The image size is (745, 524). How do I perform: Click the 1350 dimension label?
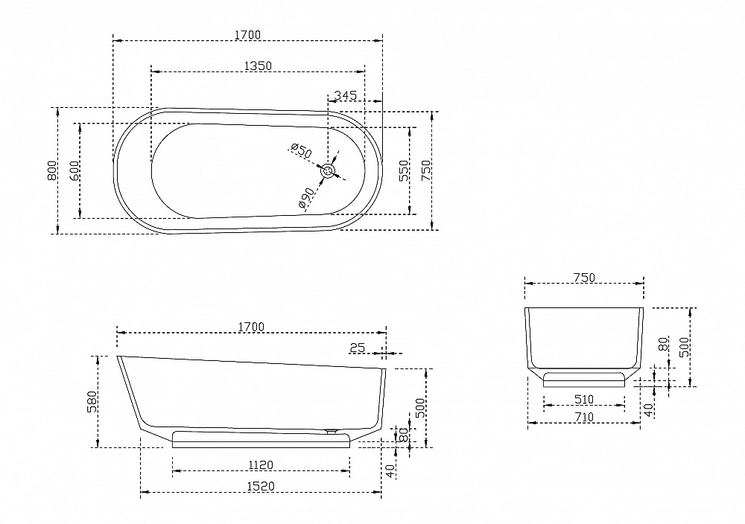[258, 65]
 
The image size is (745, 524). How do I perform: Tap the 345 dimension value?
[346, 95]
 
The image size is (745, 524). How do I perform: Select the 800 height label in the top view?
[52, 170]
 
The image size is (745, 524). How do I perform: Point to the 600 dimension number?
[74, 170]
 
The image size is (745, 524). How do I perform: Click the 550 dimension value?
[403, 170]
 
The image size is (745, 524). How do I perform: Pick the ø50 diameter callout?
[301, 150]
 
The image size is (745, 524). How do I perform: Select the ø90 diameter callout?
[306, 198]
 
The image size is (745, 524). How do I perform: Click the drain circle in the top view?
[328, 171]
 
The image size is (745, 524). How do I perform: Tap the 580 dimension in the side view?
[92, 401]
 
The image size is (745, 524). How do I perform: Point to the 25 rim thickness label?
[358, 348]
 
